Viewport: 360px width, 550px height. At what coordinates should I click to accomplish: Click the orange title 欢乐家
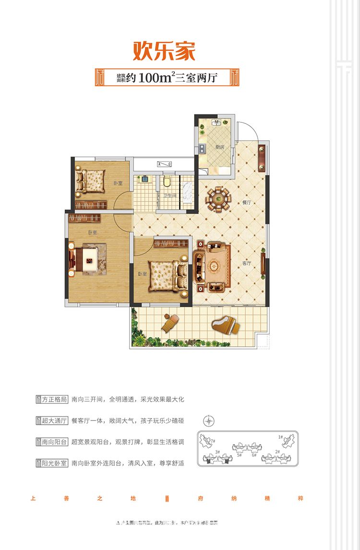tap(164, 51)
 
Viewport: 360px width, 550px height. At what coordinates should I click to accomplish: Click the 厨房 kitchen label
tap(220, 147)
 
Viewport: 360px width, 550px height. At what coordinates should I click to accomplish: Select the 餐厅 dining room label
tap(247, 203)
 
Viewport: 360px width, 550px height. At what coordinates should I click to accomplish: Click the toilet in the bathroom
tap(167, 181)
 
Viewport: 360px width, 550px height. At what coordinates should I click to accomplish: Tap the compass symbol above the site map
tap(209, 421)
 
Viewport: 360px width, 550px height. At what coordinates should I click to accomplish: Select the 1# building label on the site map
tap(280, 437)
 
